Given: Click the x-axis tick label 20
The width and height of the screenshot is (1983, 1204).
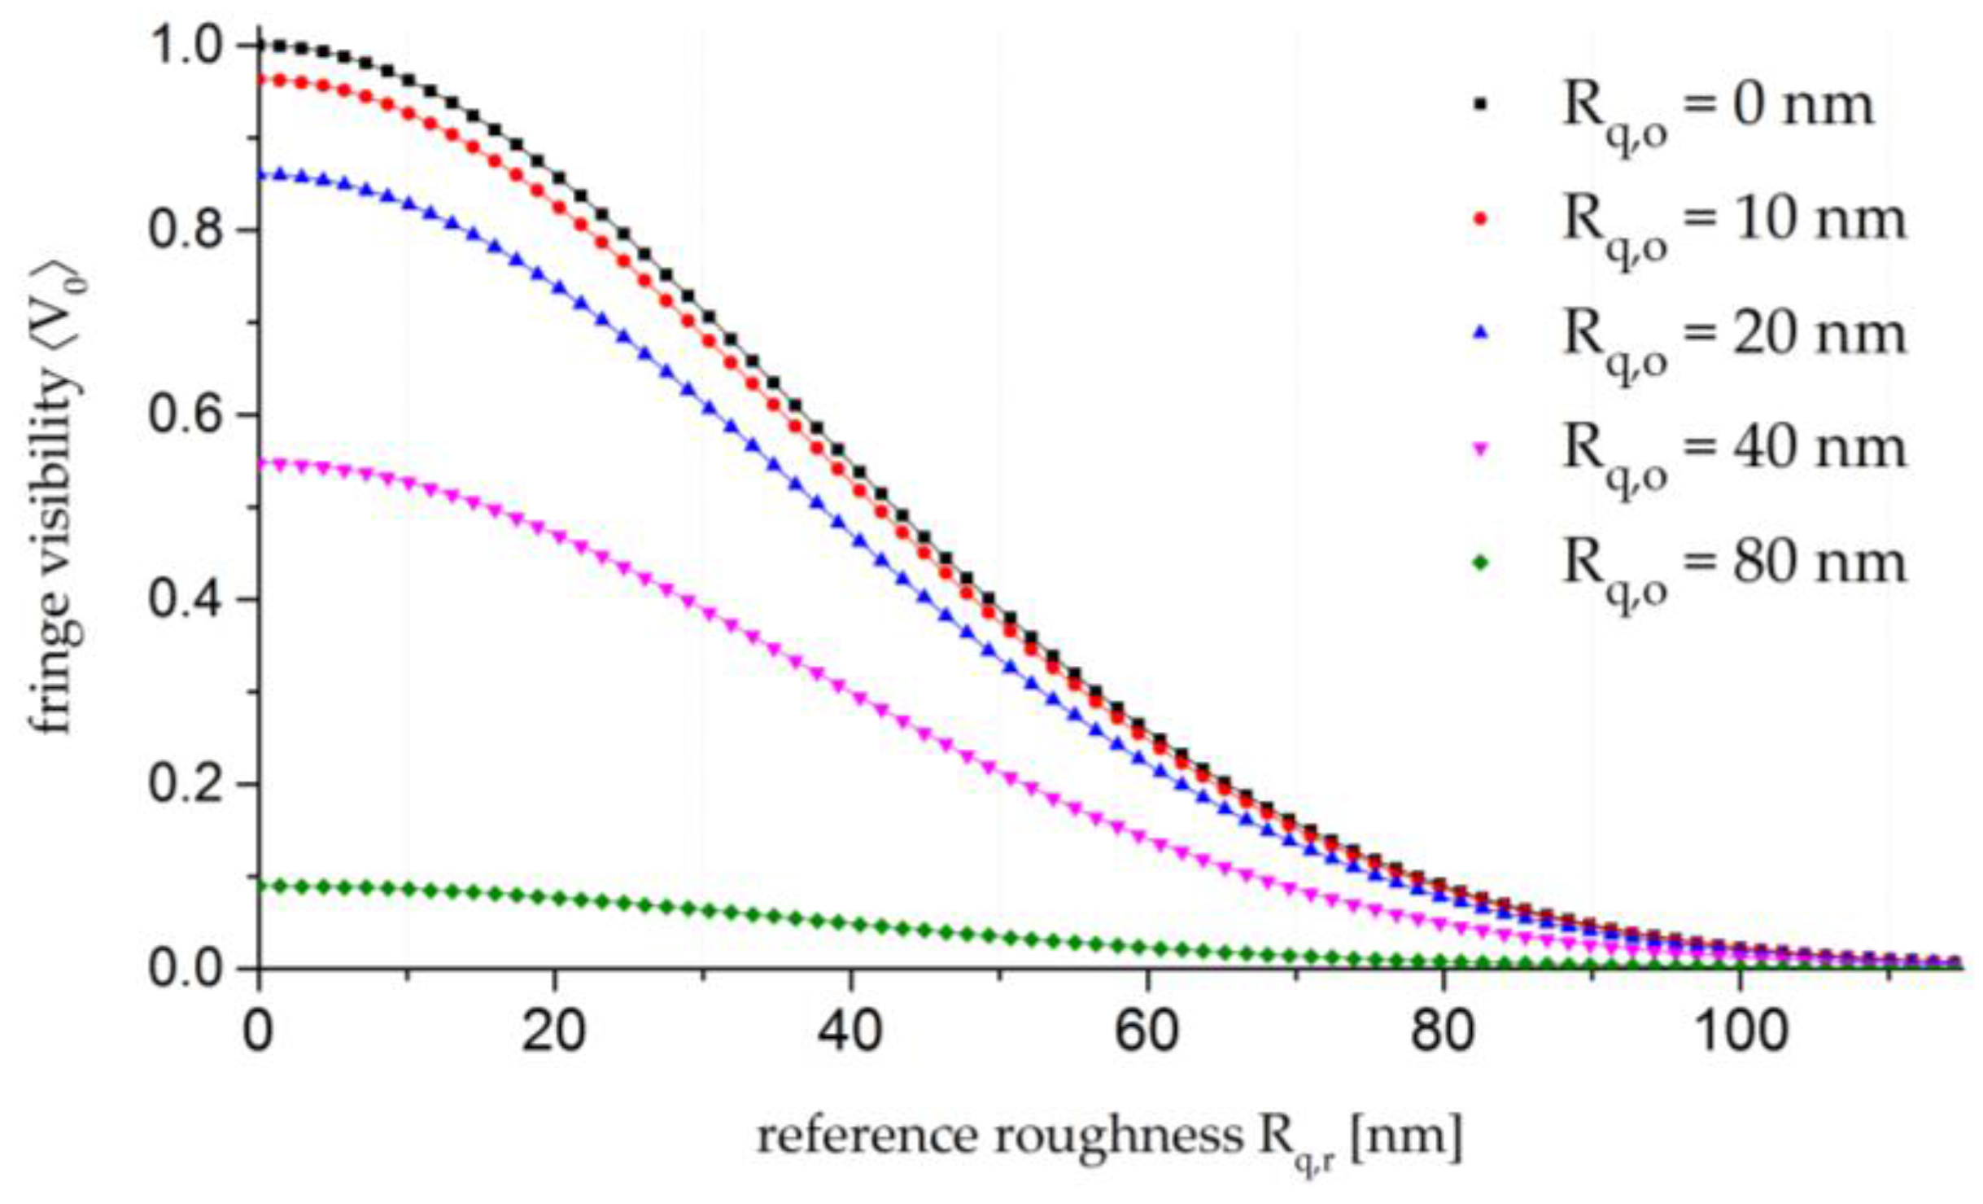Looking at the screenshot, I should (x=553, y=1032).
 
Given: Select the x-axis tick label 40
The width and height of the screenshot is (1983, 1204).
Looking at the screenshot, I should (x=850, y=1032).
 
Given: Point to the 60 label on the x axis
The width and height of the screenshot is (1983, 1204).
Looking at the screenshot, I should (x=1147, y=1032).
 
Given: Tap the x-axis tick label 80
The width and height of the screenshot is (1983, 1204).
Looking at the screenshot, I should (x=1443, y=1032).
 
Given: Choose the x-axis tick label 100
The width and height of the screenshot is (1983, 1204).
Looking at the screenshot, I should (x=1740, y=1032).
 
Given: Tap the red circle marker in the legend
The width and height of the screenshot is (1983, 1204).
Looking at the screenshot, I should (x=1481, y=217).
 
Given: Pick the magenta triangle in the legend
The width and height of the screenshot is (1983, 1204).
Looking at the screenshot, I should (x=1481, y=449).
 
